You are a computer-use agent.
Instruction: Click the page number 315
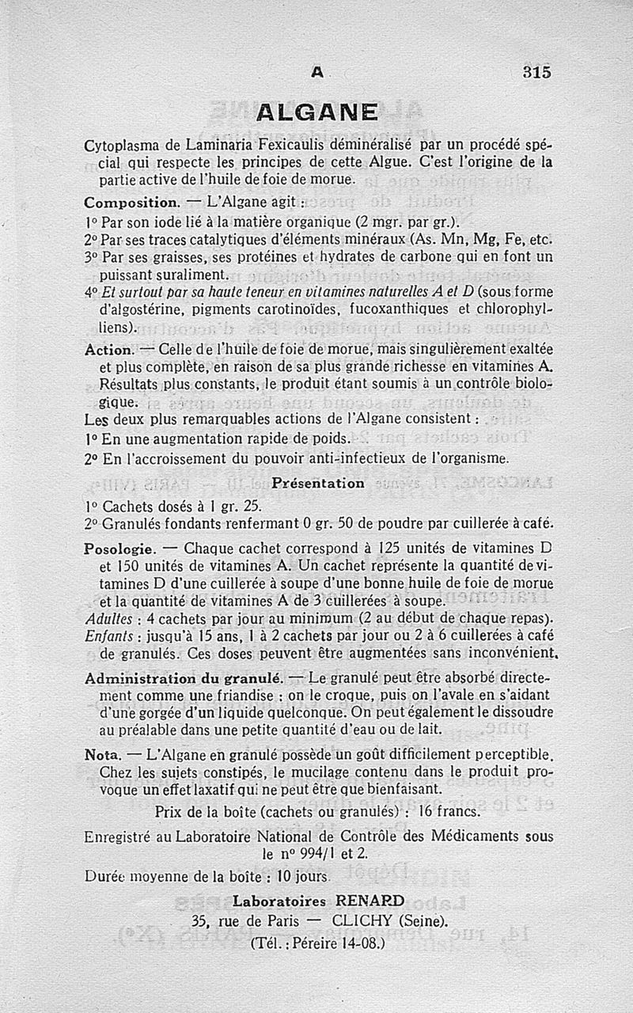(x=536, y=71)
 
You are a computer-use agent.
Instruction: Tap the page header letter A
(x=316, y=72)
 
